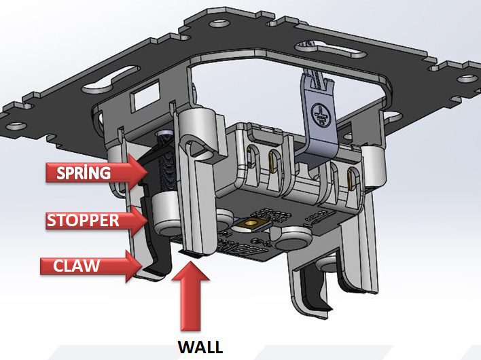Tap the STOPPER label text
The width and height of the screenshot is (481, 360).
tap(82, 220)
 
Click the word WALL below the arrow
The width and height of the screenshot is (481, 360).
tap(200, 347)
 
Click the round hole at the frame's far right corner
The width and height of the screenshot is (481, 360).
tap(469, 78)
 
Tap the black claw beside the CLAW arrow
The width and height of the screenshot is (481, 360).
tap(156, 262)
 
